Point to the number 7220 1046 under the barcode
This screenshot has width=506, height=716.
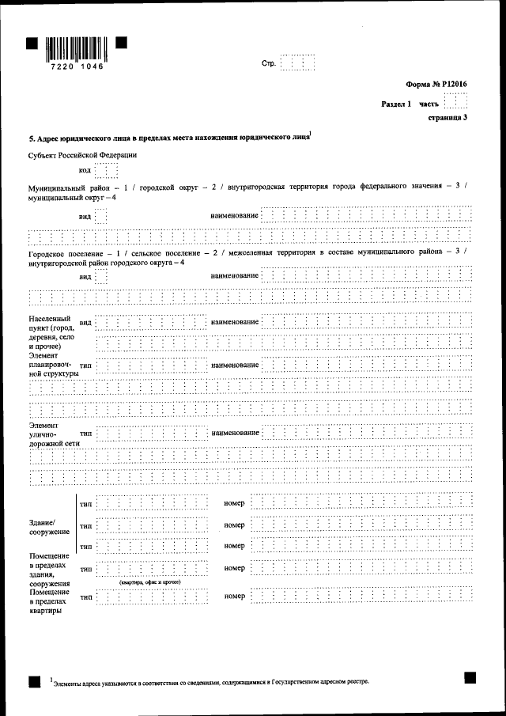[76, 67]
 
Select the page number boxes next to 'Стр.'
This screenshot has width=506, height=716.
[297, 63]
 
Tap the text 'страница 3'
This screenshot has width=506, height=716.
[447, 118]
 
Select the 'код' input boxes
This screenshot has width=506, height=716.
[106, 170]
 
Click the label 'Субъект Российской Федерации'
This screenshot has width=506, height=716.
[82, 155]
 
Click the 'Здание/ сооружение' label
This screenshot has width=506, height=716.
[48, 527]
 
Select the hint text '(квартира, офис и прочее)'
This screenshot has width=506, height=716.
[150, 582]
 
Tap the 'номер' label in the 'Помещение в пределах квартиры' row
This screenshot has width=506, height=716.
[234, 596]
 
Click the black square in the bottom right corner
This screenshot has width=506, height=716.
[470, 678]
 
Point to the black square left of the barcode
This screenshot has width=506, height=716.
[32, 45]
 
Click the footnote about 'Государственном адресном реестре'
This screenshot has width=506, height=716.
[210, 680]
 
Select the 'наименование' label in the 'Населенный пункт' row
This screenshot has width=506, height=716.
[235, 322]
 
